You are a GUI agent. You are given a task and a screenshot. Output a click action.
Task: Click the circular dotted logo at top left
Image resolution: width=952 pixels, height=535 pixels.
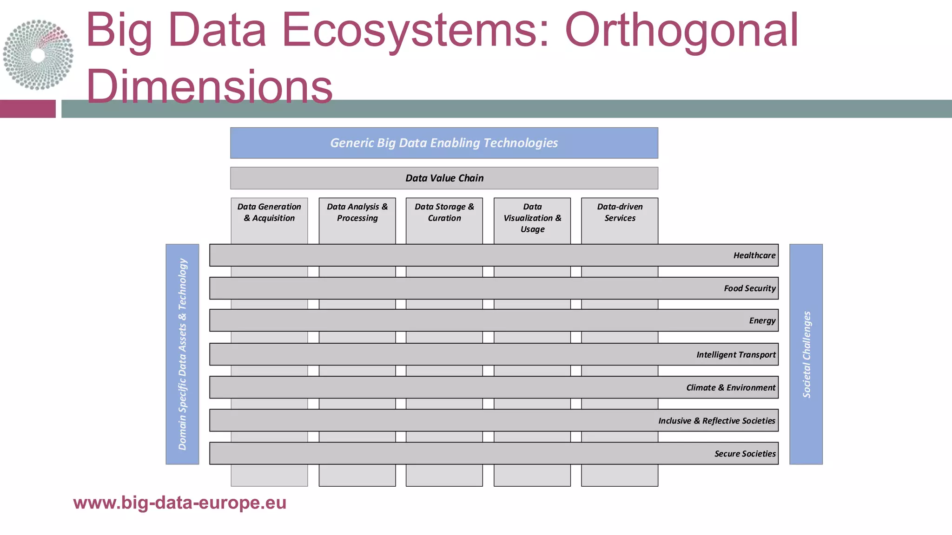[x=38, y=55]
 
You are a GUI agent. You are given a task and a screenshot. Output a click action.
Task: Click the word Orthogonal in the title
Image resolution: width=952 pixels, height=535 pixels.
[x=681, y=30]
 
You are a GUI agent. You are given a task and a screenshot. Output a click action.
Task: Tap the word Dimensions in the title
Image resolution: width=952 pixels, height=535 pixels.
[x=209, y=86]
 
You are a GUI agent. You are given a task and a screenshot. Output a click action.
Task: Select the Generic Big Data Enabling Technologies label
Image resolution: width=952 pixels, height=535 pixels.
[x=444, y=143]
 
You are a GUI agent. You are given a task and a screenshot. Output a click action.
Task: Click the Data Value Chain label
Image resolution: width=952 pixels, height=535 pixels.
[x=444, y=178]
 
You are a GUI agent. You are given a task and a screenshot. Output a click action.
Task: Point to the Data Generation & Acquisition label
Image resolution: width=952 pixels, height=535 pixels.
[x=269, y=212]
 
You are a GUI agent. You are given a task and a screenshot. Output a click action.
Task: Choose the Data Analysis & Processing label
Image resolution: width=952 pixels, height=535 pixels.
[x=357, y=212]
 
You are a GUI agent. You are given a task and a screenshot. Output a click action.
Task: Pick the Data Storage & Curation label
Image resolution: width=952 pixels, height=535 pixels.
[x=444, y=212]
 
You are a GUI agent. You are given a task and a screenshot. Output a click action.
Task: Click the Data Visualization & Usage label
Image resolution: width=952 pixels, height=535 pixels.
[x=532, y=218]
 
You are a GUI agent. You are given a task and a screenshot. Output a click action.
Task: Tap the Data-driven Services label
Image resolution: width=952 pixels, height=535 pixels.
[x=620, y=212]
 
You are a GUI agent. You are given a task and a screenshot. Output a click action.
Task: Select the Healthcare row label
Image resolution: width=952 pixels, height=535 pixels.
[x=754, y=255]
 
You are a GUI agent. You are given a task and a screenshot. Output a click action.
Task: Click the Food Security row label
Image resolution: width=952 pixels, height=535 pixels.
[x=749, y=288]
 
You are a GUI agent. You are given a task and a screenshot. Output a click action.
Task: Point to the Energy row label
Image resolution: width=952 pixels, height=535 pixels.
[x=762, y=320]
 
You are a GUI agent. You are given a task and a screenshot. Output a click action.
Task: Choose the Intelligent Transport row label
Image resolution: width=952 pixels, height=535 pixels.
[x=736, y=355]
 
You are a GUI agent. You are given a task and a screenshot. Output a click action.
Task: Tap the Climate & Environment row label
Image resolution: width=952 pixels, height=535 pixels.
[x=731, y=388]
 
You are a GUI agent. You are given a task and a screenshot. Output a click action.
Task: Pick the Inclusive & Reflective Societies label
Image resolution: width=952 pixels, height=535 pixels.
[x=716, y=421]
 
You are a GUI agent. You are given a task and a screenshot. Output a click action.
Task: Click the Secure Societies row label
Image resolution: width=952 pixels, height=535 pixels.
[x=745, y=454]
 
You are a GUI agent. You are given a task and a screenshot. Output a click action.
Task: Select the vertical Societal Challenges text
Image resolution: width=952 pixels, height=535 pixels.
[x=807, y=354]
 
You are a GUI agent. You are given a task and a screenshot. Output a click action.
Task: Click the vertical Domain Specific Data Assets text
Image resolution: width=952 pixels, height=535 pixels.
[x=182, y=354]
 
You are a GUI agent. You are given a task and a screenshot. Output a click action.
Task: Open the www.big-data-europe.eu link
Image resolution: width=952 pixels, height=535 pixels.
[x=179, y=503]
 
